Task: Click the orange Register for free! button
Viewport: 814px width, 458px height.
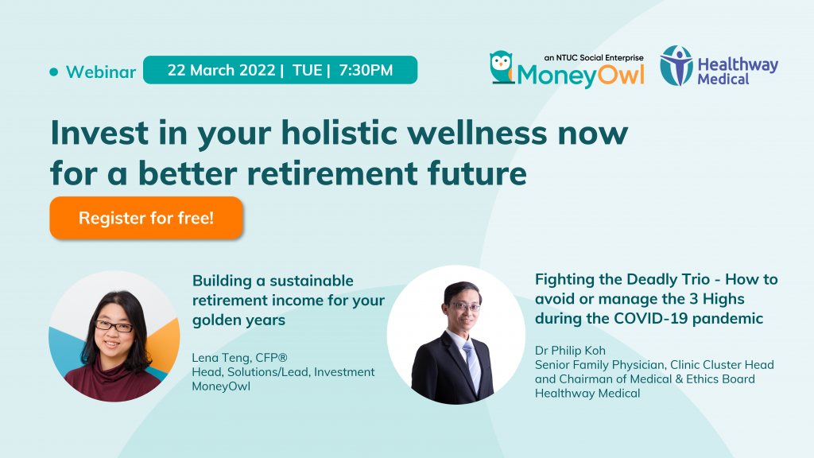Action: (146, 218)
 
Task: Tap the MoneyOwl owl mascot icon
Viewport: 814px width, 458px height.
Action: (502, 67)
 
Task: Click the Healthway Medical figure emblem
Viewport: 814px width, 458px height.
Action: (676, 65)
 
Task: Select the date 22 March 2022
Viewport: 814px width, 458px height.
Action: (221, 70)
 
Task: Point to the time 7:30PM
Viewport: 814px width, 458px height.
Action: (366, 70)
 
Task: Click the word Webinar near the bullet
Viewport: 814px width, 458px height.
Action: (101, 72)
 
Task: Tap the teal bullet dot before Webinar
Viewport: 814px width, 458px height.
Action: (53, 72)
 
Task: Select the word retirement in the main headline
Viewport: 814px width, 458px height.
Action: (332, 173)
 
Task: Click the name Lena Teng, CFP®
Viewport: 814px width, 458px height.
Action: (239, 358)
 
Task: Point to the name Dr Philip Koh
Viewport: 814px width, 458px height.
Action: (570, 351)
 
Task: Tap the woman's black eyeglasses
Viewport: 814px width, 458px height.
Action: (114, 327)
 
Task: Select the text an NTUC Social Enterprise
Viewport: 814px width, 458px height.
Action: (594, 57)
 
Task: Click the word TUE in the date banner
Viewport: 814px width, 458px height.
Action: (308, 70)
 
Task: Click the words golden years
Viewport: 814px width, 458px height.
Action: (238, 320)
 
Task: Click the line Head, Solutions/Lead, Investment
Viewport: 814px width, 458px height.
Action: (283, 372)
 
